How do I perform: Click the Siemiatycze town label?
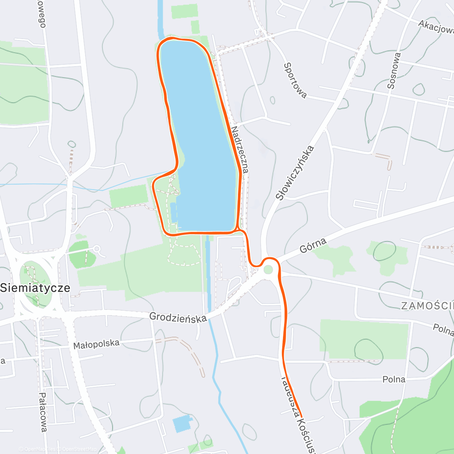click(35, 288)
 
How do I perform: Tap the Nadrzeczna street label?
click(240, 150)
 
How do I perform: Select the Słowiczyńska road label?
click(295, 173)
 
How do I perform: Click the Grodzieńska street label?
click(178, 317)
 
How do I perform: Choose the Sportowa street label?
click(295, 81)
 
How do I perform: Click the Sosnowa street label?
click(393, 71)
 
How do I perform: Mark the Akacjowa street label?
click(436, 27)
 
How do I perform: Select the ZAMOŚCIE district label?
click(427, 306)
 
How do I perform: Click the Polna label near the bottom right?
click(394, 379)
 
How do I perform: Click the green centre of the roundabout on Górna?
click(268, 270)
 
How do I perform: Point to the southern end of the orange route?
click(302, 417)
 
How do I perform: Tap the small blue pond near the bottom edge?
click(182, 423)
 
